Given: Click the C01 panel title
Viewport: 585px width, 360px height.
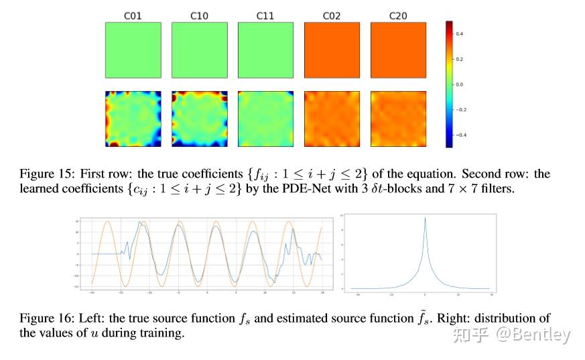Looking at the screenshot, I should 133,15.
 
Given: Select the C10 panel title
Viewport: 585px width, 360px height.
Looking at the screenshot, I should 200,15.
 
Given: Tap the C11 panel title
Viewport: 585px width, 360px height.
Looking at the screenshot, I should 265,15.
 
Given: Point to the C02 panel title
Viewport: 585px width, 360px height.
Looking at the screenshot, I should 332,15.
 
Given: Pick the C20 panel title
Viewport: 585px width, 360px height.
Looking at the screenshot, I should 398,15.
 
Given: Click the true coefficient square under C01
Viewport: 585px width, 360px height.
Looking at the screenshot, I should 133,50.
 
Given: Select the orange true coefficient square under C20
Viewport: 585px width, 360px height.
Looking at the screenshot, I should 398,50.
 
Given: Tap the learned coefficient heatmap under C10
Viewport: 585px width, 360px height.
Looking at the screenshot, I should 200,119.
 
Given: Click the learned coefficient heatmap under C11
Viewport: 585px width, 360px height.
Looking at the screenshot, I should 265,119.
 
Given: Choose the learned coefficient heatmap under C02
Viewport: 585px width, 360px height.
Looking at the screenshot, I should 332,119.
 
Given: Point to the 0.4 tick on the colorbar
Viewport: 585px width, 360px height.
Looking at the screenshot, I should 460,33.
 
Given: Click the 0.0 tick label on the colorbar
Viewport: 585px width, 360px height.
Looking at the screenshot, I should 460,84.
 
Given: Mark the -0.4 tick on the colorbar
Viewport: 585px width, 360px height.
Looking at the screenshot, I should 459,135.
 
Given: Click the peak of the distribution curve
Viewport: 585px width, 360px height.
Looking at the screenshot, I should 425,218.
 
